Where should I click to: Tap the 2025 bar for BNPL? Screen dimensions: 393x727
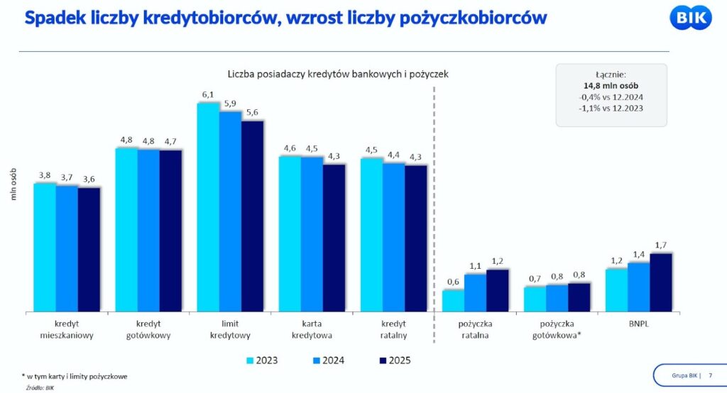(x=660, y=282)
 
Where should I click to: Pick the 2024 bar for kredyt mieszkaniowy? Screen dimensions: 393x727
(x=67, y=248)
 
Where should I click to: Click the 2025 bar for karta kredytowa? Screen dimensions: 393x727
(x=334, y=238)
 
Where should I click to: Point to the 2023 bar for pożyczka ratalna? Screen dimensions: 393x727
(x=453, y=300)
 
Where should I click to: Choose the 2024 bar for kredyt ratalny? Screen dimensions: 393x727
(x=393, y=237)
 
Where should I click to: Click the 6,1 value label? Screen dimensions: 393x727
(x=208, y=94)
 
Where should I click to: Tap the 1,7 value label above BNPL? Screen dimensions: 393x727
(x=661, y=245)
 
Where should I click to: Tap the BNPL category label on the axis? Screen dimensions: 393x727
(x=638, y=323)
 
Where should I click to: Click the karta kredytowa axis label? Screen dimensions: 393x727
(x=312, y=329)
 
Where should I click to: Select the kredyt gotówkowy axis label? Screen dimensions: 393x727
(x=148, y=329)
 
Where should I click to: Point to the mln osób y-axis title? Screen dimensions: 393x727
(x=13, y=184)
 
